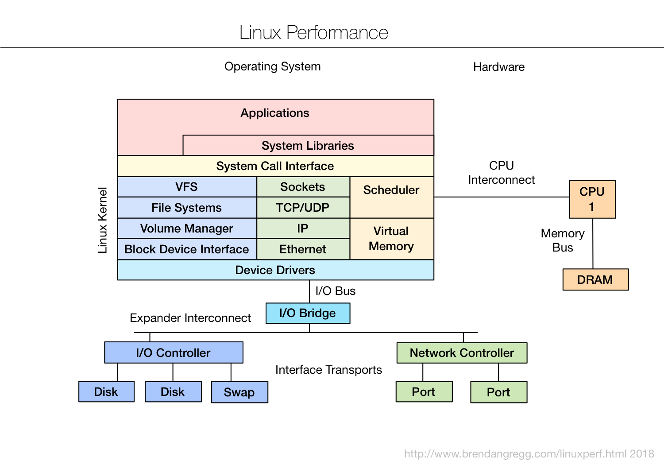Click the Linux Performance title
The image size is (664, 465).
(313, 33)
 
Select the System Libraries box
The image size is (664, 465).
(308, 146)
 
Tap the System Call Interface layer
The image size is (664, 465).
(275, 166)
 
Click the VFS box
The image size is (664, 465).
(187, 187)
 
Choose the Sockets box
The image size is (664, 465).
(303, 187)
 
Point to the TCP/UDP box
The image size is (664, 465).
(303, 208)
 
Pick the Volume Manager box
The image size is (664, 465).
(187, 229)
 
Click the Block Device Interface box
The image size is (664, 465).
(187, 249)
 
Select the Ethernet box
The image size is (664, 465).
(303, 249)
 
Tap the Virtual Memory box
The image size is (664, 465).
(391, 239)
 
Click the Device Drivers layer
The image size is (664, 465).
(275, 270)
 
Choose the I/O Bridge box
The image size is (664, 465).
(308, 313)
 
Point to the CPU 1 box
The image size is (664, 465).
(592, 199)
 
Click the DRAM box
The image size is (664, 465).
(595, 280)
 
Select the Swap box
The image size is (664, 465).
(239, 392)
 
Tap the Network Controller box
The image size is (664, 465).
(462, 353)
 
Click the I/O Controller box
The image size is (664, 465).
(174, 353)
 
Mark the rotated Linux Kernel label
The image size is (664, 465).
(103, 220)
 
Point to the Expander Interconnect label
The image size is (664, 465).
(190, 318)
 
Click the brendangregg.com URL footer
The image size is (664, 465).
(529, 454)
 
